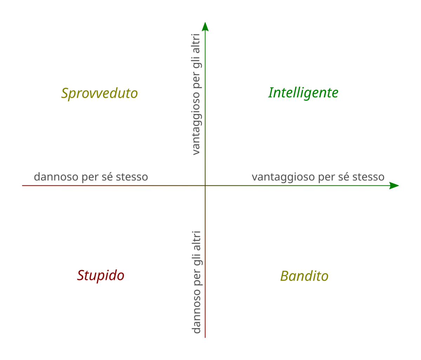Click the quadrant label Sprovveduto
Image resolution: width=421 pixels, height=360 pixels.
tap(99, 93)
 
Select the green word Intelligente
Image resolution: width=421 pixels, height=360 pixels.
tap(303, 93)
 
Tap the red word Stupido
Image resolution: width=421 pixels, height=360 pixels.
tap(101, 275)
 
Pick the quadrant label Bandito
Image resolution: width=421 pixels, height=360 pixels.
tap(304, 276)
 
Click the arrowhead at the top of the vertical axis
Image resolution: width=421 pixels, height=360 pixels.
tap(205, 27)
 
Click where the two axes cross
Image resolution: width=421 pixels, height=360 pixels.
tap(205, 185)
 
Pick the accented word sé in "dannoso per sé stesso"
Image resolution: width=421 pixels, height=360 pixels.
tap(108, 177)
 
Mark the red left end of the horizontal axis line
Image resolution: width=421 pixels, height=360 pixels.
tap(23, 185)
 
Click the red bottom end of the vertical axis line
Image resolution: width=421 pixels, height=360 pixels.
tap(205, 336)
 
